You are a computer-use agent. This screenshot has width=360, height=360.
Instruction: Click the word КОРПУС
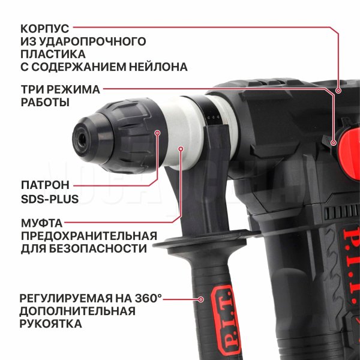(x=45, y=29)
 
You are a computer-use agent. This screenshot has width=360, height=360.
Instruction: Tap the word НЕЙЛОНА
(x=158, y=67)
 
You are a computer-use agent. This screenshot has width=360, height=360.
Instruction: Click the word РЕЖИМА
(x=77, y=89)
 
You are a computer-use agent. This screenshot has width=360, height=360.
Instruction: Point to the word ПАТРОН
(x=45, y=185)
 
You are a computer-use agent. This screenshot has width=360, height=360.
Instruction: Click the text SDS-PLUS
(x=50, y=199)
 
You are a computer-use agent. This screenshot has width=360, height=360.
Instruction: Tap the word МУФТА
(x=42, y=223)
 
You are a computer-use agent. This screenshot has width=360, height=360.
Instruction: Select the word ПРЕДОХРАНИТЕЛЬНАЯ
(x=89, y=236)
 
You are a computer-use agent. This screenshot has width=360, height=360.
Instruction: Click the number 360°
(x=148, y=298)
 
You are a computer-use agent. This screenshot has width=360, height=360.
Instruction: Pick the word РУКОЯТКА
(x=51, y=324)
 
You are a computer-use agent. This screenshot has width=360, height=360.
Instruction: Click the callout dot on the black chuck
(x=157, y=133)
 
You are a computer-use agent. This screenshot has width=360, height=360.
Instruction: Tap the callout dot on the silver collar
(x=181, y=149)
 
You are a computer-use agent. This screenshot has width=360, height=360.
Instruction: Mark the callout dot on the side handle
(x=201, y=299)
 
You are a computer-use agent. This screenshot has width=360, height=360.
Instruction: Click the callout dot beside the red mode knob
(x=334, y=143)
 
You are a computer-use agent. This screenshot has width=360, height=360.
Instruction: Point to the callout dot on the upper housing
(x=338, y=91)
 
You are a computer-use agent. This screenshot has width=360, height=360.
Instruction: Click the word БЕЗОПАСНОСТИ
(x=98, y=249)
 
